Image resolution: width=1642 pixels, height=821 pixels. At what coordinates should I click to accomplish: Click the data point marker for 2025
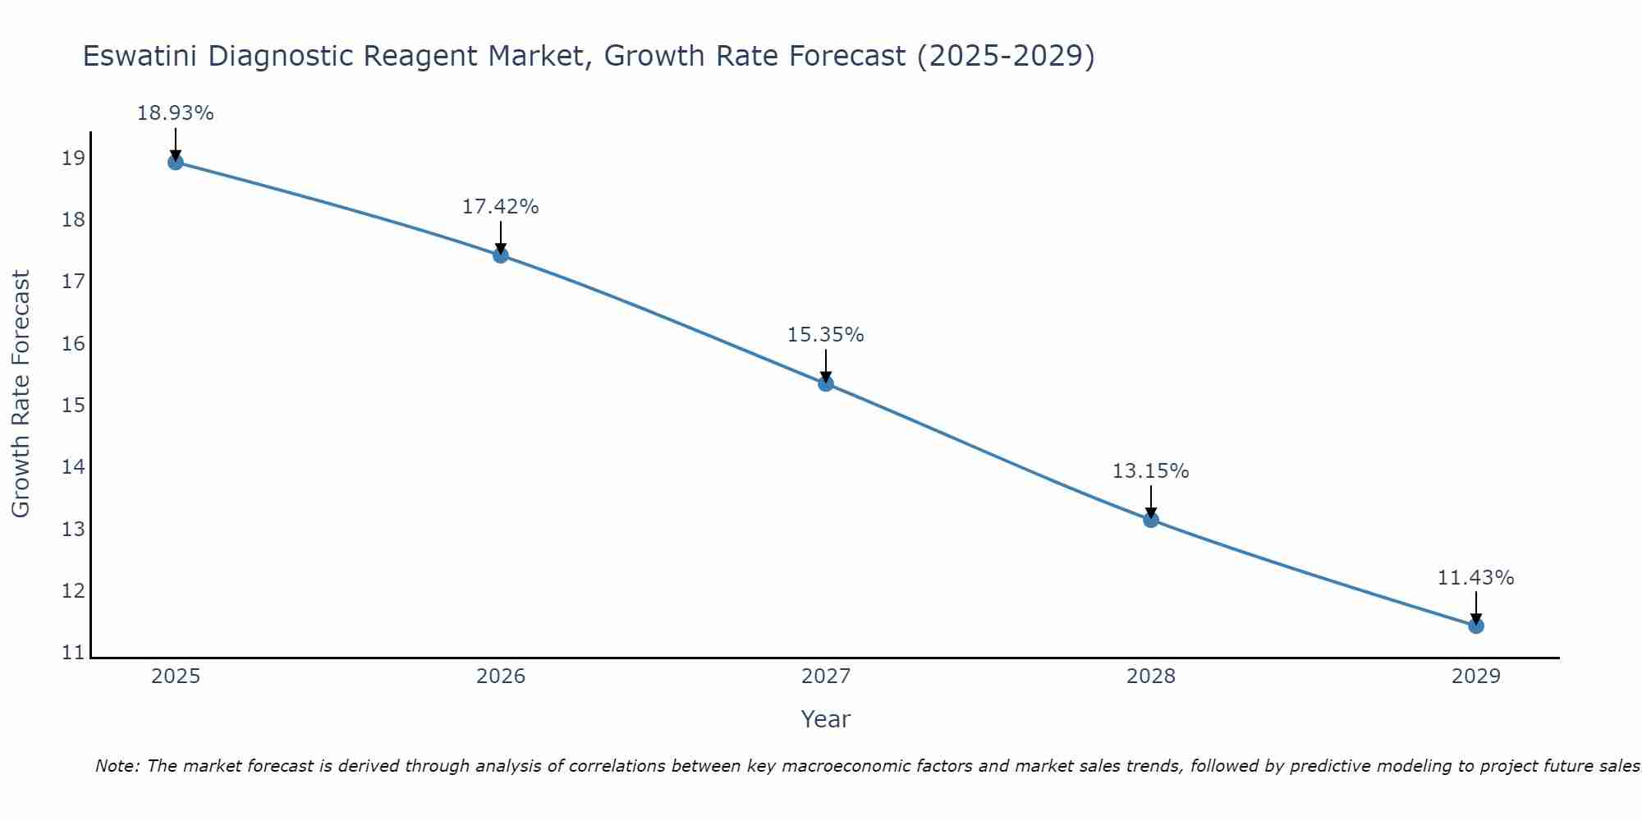pos(175,162)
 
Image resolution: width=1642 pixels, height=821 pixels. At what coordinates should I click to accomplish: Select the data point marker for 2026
pos(501,255)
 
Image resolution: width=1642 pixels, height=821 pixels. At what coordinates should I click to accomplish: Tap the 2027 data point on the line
pos(826,383)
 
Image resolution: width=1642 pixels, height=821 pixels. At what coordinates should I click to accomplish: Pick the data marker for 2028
pos(1151,520)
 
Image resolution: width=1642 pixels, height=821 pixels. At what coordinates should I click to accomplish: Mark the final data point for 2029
pos(1476,626)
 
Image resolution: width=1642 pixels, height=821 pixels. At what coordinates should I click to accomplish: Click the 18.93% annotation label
pos(175,113)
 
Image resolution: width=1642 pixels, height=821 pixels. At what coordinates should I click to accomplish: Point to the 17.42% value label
pos(500,207)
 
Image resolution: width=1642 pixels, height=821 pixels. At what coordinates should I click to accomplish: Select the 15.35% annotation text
pos(825,335)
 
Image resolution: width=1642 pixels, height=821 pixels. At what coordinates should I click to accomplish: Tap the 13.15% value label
pos(1150,471)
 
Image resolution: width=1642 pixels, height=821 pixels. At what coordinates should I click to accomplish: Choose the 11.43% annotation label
pos(1475,578)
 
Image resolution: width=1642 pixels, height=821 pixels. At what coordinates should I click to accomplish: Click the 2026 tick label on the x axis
pos(501,677)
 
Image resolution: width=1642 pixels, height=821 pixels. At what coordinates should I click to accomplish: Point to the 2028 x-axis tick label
pos(1151,677)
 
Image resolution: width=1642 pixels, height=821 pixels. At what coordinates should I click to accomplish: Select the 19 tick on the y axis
pos(73,158)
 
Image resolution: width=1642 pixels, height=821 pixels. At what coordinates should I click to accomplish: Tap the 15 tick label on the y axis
pos(73,406)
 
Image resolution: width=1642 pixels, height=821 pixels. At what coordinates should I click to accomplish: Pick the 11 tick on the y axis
pos(73,654)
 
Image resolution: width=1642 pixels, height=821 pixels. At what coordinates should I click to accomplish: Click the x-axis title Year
pos(825,719)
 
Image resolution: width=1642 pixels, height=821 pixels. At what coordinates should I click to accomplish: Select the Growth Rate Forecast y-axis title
pos(21,394)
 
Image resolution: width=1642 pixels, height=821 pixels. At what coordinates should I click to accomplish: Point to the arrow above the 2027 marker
pos(826,365)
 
